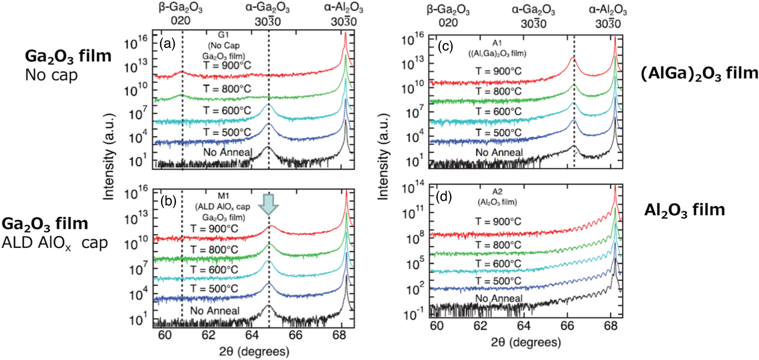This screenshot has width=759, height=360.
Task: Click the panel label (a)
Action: tap(168, 43)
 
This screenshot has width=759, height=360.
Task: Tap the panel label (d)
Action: tap(443, 196)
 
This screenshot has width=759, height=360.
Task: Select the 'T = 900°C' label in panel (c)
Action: tap(499, 71)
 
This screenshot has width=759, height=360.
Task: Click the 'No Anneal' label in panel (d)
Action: tap(499, 298)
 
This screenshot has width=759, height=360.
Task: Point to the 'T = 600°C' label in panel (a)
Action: tap(227, 111)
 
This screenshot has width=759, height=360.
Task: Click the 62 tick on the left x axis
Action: tap(208, 335)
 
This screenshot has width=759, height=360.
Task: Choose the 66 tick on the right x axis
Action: tap(567, 326)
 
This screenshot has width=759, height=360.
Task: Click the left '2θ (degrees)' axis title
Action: tap(254, 352)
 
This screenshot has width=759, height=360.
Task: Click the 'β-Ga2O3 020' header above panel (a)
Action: tap(181, 14)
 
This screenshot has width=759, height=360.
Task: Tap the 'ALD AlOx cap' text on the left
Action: tap(55, 243)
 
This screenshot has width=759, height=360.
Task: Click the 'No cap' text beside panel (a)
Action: tap(51, 75)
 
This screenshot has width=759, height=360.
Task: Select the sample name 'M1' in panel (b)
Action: tap(224, 196)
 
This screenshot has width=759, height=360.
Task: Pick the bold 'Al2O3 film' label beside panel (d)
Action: tap(684, 210)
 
